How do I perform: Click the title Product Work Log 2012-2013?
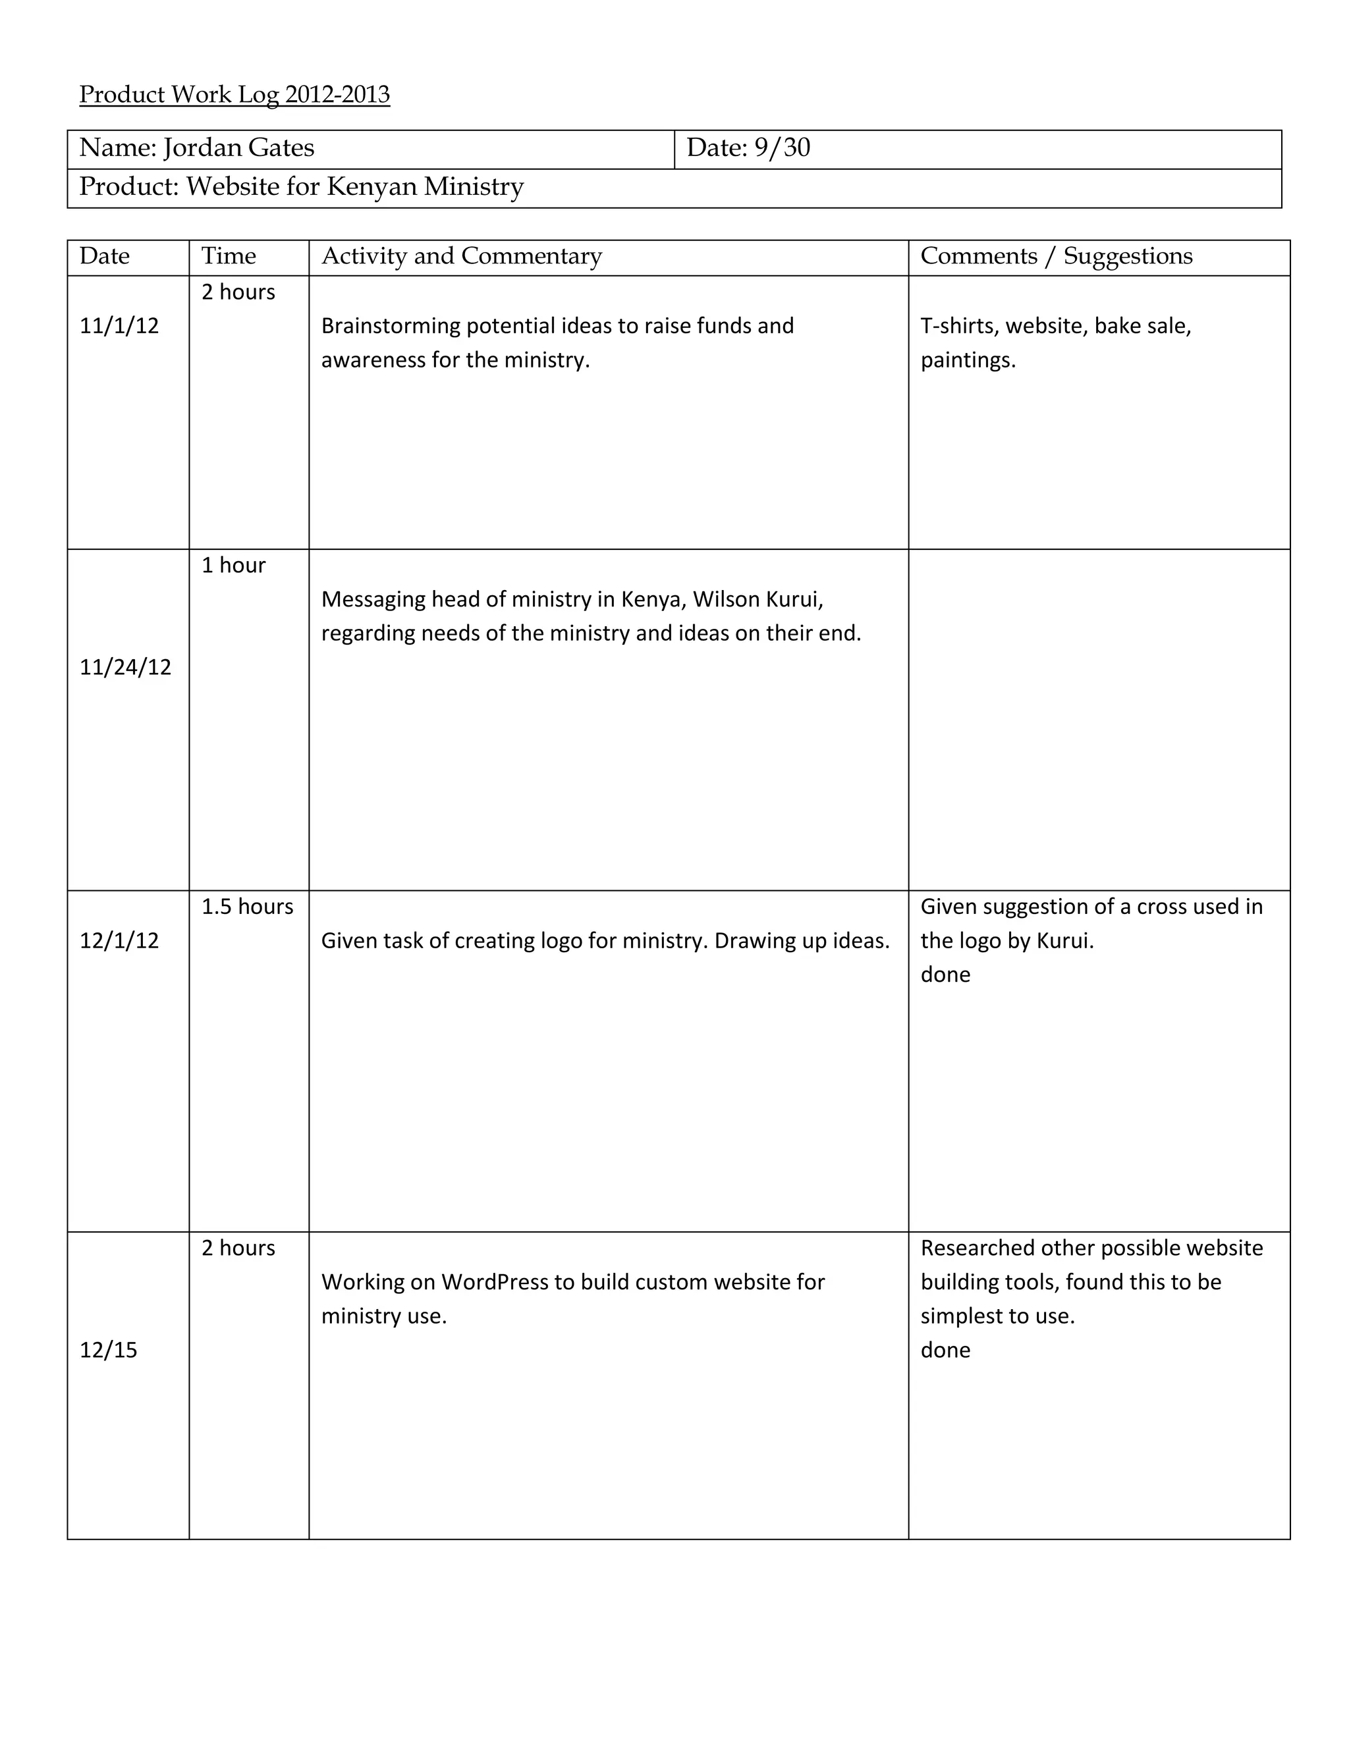pos(234,95)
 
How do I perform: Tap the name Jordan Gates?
pos(238,148)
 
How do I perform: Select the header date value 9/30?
pos(782,148)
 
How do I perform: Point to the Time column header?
pos(229,256)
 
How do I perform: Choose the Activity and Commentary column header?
pos(461,256)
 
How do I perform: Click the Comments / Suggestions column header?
pos(1056,256)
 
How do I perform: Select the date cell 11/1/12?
pos(119,326)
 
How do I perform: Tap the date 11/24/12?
pos(125,667)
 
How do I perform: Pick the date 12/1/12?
pos(119,940)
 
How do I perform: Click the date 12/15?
pos(109,1351)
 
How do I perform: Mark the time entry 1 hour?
pos(233,566)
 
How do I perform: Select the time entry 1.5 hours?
pos(247,907)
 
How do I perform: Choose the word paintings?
pos(968,360)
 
